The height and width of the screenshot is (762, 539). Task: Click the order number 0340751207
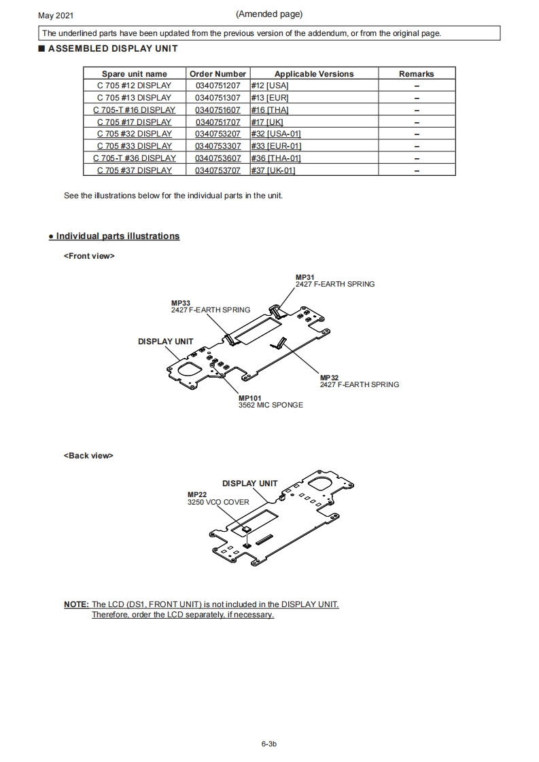tap(218, 86)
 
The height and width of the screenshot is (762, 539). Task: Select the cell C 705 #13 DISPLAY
tap(134, 98)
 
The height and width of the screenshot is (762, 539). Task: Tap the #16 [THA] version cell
tap(270, 110)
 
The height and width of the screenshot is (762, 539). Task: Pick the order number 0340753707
tap(218, 170)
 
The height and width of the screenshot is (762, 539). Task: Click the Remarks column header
tap(416, 74)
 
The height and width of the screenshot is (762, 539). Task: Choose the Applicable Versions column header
tap(314, 74)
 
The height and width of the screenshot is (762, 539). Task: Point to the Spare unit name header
tap(134, 74)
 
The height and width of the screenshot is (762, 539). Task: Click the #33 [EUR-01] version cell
tap(276, 146)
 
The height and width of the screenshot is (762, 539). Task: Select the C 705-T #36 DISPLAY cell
tap(134, 158)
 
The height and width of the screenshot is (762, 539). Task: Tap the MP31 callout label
tap(305, 277)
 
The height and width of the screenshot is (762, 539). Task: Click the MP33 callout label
tap(181, 303)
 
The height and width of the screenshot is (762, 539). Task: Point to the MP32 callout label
tap(329, 378)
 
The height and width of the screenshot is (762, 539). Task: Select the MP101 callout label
tap(249, 398)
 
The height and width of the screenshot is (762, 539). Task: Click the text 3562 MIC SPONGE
tap(271, 405)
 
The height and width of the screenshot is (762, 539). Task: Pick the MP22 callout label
tap(196, 495)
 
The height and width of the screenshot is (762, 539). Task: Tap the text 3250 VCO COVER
tap(218, 503)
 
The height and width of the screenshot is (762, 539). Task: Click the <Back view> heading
tap(88, 456)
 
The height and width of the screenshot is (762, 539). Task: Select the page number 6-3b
tap(269, 744)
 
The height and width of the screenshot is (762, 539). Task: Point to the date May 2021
tap(56, 15)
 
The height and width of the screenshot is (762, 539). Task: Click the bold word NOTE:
tap(76, 604)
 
